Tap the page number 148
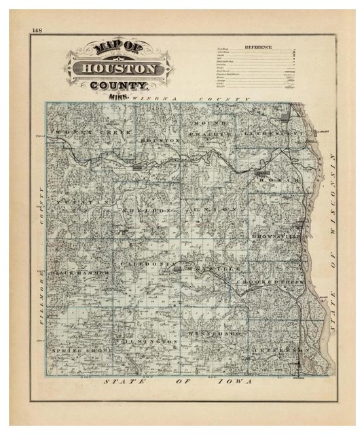coord(37,29)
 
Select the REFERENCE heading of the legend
coord(259,47)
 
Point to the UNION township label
coord(217,209)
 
